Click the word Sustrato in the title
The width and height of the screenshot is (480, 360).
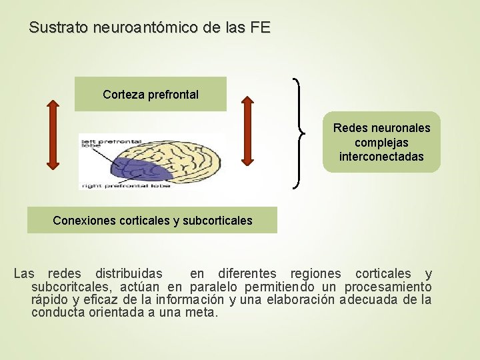coord(59,28)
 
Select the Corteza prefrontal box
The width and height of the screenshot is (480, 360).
coord(151,95)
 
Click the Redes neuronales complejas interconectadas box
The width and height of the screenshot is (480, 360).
coord(381,142)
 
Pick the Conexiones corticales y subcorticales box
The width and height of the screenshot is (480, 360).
coord(152,220)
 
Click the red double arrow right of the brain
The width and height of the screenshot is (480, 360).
coord(247,131)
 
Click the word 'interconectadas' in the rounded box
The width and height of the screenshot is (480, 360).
coord(381,157)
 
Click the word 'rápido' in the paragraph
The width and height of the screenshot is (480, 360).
coord(49,299)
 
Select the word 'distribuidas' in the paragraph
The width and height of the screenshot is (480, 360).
coord(128,273)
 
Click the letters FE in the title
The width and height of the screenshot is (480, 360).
coord(261,28)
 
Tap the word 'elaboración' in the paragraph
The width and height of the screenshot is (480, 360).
coord(300,299)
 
